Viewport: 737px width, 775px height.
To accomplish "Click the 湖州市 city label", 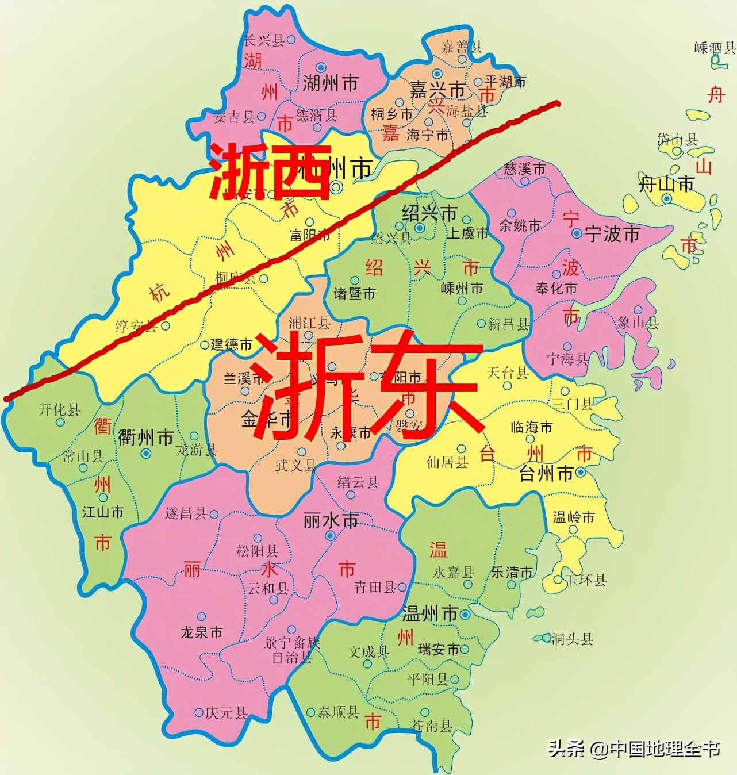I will pos(330,84).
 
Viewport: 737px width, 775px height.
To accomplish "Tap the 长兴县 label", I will pos(264,41).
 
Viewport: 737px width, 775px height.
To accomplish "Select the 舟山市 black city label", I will pos(667,185).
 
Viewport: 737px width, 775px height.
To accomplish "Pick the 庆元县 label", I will pos(227,713).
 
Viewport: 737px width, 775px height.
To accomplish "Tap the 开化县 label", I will pos(60,410).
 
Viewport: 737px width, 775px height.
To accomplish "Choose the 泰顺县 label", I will pos(339,712).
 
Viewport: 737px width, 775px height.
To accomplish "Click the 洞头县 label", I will pos(572,638).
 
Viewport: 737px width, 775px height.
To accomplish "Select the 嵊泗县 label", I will pos(715,48).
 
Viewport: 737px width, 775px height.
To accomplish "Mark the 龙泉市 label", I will pos(201,632).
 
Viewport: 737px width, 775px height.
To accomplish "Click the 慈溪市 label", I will pos(524,169).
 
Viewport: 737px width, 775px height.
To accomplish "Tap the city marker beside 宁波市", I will pos(577,234).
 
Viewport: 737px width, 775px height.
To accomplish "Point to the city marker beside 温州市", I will pos(465,615).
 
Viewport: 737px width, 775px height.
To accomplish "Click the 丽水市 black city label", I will pos(331,521).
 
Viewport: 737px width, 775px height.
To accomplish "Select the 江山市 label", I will pos(103,511).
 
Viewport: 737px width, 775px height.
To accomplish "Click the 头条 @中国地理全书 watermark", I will pos(634,749).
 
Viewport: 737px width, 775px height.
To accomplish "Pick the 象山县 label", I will pos(638,323).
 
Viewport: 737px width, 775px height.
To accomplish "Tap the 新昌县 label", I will pos(509,324).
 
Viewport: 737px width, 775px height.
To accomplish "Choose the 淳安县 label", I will pos(136,327).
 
